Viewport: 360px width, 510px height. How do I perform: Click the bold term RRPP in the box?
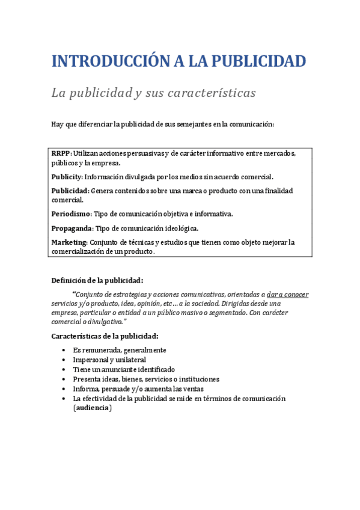click(61, 153)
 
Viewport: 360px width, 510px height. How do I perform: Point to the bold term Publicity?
click(67, 177)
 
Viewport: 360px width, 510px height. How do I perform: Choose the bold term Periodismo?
click(72, 214)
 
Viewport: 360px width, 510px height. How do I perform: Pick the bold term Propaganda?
click(72, 228)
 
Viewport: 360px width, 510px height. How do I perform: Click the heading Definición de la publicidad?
click(97, 280)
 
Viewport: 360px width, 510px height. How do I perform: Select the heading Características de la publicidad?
click(105, 336)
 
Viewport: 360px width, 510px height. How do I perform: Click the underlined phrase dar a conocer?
click(287, 295)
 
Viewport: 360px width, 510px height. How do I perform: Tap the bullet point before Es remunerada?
click(64, 350)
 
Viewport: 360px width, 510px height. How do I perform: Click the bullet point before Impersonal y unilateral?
click(64, 360)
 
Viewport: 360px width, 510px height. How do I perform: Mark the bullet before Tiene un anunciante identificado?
click(64, 369)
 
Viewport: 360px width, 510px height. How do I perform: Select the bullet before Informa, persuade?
click(64, 389)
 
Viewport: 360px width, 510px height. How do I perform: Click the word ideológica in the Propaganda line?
click(178, 228)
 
